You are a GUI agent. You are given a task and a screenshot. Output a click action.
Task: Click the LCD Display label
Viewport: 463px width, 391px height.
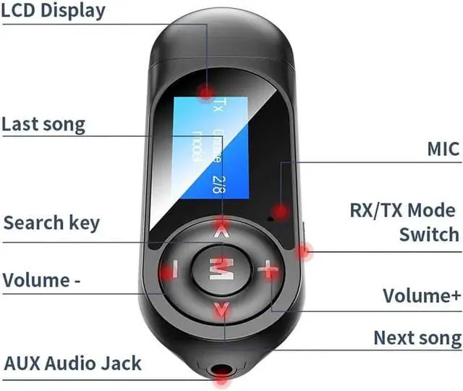pos(54,11)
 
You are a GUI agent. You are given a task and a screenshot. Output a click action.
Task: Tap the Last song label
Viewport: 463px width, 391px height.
pos(43,124)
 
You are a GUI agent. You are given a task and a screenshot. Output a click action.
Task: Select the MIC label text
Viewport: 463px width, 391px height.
pos(443,149)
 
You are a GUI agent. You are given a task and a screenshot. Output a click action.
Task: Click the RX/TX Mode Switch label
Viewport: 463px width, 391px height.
pos(404,222)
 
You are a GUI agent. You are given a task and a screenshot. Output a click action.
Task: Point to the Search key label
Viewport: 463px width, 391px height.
pos(51,222)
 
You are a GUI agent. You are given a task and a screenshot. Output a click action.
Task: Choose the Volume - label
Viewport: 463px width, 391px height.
pos(42,279)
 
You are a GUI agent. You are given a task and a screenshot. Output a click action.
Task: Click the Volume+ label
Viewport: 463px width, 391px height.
pos(422,295)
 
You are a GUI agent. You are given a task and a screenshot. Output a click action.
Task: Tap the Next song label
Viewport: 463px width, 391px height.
pos(417,337)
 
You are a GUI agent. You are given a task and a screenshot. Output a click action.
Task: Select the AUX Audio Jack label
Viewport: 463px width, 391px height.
pos(73,363)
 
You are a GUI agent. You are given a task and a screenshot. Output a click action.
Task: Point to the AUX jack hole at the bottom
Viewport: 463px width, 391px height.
pos(221,371)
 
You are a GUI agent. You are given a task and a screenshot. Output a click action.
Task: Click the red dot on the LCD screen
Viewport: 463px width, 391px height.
pos(207,92)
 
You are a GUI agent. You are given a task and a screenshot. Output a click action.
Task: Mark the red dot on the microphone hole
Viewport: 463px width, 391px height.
pos(277,211)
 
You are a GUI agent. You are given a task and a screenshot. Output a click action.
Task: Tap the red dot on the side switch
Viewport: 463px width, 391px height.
pos(305,253)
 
